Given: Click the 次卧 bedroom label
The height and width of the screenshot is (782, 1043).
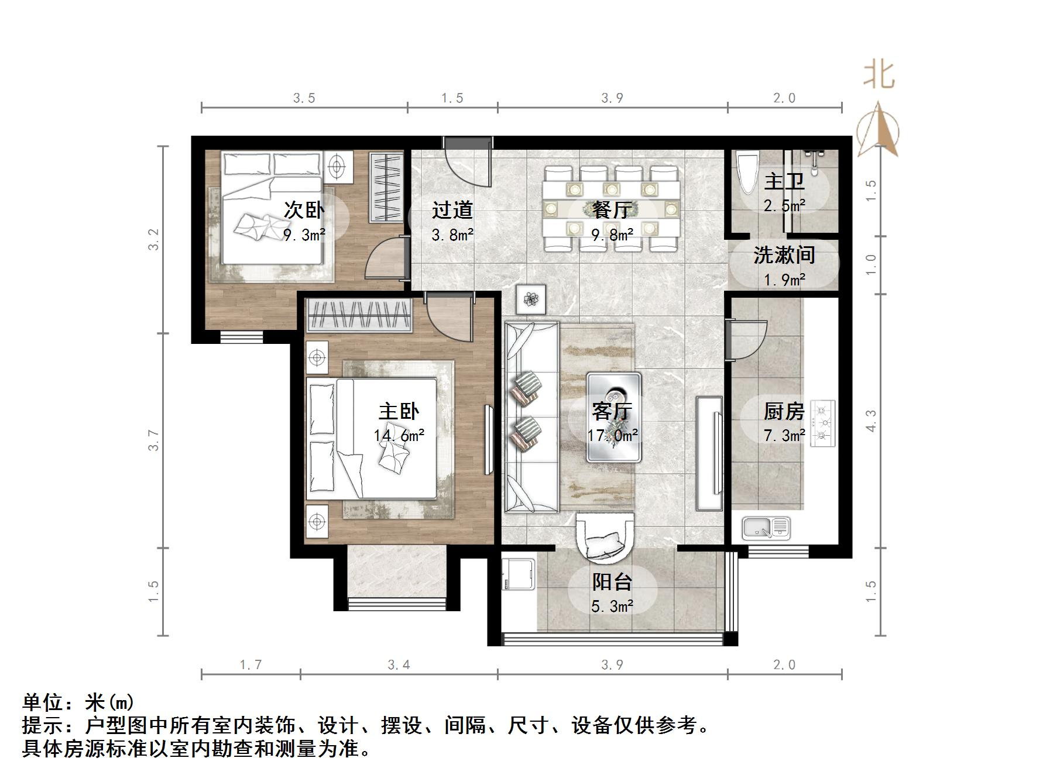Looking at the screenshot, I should pyautogui.click(x=304, y=209).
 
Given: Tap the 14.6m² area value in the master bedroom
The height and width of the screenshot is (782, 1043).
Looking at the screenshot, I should pyautogui.click(x=399, y=436).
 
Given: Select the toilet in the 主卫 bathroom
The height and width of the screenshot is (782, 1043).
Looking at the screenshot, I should pyautogui.click(x=747, y=173).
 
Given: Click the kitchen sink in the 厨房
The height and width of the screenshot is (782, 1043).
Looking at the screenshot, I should pyautogui.click(x=766, y=528).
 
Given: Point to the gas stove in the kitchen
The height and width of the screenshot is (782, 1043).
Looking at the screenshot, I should pyautogui.click(x=822, y=423).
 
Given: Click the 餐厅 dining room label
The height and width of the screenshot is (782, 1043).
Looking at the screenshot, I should pyautogui.click(x=612, y=209).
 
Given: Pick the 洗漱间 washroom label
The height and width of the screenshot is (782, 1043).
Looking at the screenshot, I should pyautogui.click(x=784, y=255).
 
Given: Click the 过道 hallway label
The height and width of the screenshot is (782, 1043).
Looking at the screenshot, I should pyautogui.click(x=452, y=209).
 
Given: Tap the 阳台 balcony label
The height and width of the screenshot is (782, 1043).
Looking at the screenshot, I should pyautogui.click(x=612, y=582).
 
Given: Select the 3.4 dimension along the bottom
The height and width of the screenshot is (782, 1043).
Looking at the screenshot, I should pyautogui.click(x=399, y=665).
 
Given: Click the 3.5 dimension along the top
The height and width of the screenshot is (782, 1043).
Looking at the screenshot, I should pyautogui.click(x=304, y=98).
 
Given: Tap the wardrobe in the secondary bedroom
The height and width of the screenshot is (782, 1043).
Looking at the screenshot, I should pyautogui.click(x=386, y=187).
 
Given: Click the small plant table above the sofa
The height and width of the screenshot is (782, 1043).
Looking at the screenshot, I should pyautogui.click(x=531, y=299).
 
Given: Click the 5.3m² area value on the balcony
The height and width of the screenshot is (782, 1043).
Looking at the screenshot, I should pyautogui.click(x=612, y=607).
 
